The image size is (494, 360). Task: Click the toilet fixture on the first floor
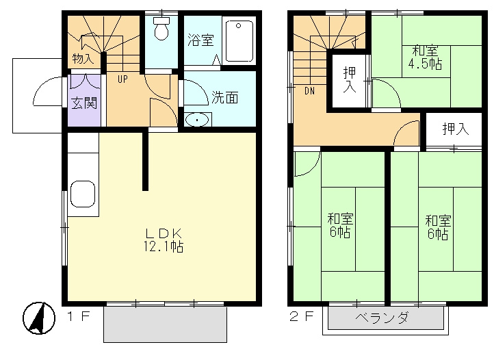161,29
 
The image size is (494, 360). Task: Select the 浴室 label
200,39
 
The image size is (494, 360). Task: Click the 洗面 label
224,97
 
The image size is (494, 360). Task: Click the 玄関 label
84,103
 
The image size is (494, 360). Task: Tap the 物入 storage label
83,58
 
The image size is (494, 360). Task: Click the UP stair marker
122,78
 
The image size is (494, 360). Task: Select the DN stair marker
309,89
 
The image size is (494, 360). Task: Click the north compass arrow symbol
40,318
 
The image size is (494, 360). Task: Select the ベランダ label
382,318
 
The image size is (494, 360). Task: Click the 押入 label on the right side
454,129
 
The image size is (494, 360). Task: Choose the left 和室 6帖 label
340,226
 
